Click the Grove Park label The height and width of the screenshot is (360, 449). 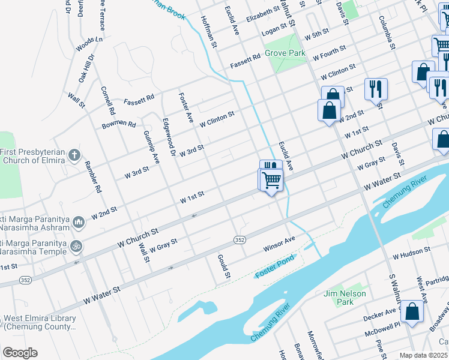286,53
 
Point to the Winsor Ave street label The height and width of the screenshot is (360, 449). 279,244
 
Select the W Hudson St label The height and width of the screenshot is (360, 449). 412,253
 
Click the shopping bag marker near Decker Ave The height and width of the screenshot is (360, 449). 412,312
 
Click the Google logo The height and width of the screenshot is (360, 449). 20,353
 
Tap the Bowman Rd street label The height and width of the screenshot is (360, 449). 119,124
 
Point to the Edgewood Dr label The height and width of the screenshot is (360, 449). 168,137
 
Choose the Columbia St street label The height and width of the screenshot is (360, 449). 387,33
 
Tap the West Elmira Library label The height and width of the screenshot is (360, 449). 38,322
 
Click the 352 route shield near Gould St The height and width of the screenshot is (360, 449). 240,239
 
